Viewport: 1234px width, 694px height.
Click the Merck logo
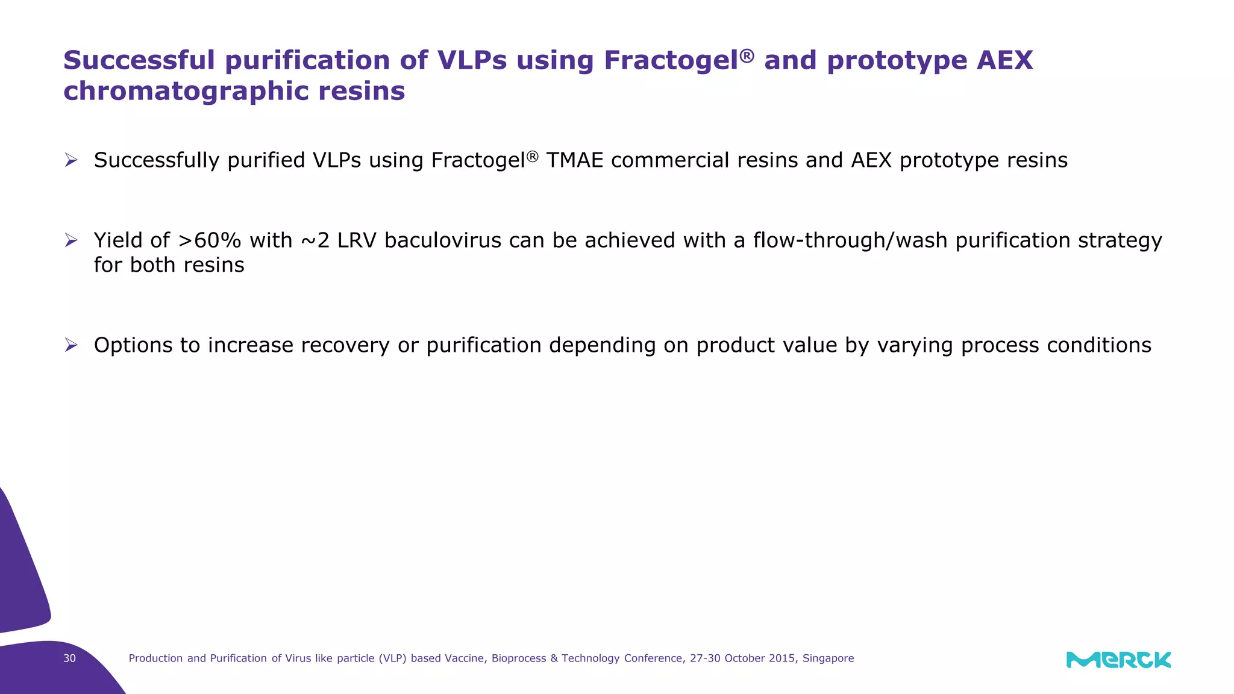(x=1118, y=660)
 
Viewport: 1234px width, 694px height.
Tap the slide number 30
(x=70, y=658)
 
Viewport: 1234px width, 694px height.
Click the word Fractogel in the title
(x=671, y=61)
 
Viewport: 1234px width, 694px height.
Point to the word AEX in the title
(x=1004, y=61)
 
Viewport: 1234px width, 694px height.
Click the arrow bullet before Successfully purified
(x=71, y=160)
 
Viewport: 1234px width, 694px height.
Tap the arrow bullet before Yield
(x=71, y=240)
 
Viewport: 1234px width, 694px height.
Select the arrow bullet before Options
(x=71, y=345)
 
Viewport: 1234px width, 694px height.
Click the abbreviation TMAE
(x=574, y=161)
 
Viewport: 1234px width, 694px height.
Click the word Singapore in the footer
(x=828, y=658)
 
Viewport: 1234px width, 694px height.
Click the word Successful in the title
(x=139, y=61)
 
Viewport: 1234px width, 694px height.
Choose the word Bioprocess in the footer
(x=519, y=658)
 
